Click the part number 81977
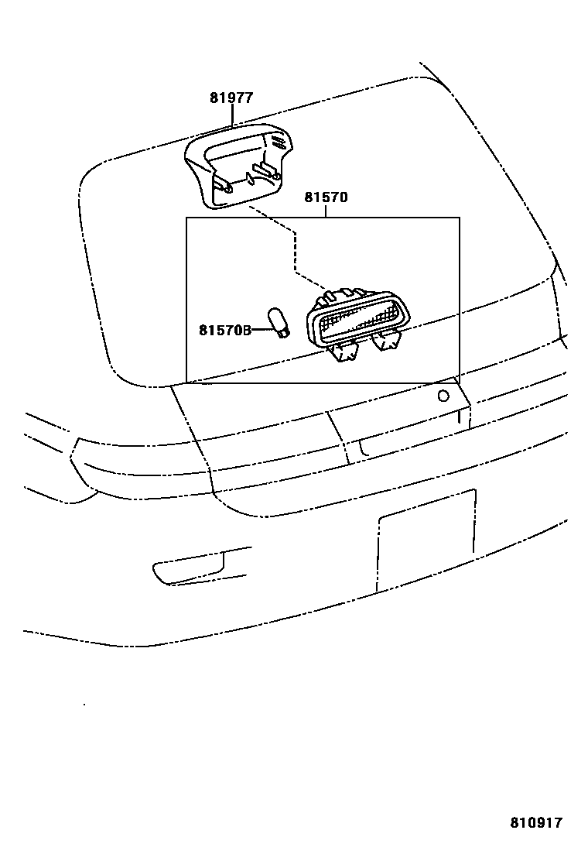coord(231,98)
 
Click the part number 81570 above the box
coord(326,197)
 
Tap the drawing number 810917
coord(535,822)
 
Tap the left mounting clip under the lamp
coord(344,352)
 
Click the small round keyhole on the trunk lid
coord(443,396)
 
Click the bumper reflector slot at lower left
coord(190,569)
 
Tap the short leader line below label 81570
coord(326,211)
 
